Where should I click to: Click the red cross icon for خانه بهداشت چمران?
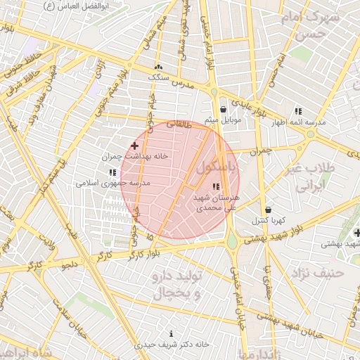134,146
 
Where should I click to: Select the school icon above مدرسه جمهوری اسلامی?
112,172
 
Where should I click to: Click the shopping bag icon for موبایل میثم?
223,110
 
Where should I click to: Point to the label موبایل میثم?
223,121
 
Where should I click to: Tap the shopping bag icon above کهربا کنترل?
268,210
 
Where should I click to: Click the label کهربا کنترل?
268,221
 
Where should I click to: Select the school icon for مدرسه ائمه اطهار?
298,111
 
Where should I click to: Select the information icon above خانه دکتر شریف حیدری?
172,333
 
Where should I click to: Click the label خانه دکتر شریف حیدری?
172,345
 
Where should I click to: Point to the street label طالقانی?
179,123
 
